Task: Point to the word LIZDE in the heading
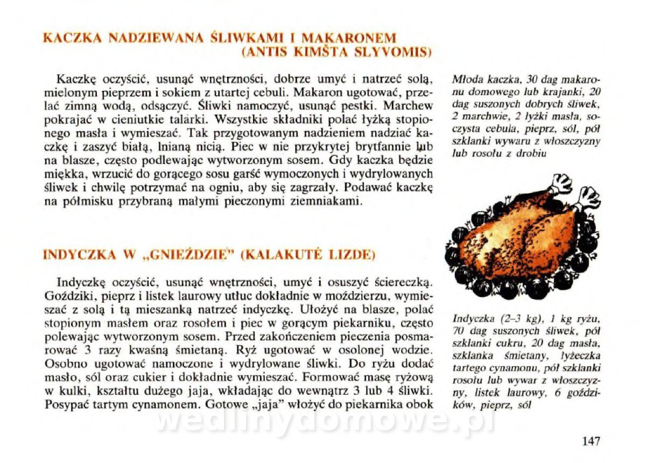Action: tap(353, 254)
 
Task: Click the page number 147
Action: tap(591, 441)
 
